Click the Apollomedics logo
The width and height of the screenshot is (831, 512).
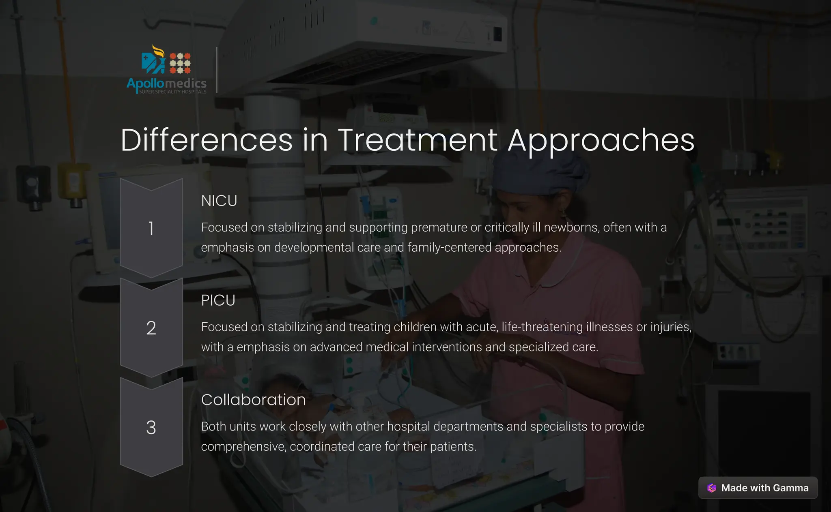[166, 70]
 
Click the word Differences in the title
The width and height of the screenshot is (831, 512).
[207, 140]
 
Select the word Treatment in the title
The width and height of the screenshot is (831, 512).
[418, 140]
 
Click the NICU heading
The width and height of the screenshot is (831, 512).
[219, 201]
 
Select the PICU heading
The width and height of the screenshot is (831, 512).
[218, 300]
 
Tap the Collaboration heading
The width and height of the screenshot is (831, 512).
[253, 400]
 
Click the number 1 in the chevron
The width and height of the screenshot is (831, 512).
[151, 228]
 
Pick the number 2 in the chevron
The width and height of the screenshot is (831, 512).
[151, 328]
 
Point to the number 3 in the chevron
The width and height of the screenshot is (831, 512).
[151, 428]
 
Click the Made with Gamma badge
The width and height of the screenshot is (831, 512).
[758, 488]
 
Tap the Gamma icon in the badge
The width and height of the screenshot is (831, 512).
[712, 488]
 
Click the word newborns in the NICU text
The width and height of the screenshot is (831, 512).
[571, 227]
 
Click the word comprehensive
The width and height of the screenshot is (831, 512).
[243, 447]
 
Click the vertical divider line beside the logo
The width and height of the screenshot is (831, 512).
[217, 70]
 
